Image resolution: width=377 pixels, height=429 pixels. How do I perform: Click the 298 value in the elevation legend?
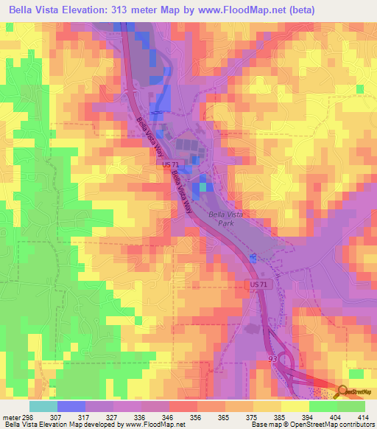click(29, 418)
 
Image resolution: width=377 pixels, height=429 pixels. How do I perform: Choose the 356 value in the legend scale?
click(196, 418)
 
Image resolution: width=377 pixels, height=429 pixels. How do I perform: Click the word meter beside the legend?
click(10, 418)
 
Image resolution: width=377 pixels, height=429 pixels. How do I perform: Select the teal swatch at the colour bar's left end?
click(43, 406)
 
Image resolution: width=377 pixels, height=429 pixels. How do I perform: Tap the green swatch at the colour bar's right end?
click(350, 406)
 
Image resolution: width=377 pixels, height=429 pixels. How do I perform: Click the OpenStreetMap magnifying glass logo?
click(343, 392)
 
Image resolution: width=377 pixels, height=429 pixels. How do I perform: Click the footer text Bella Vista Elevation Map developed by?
click(59, 425)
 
